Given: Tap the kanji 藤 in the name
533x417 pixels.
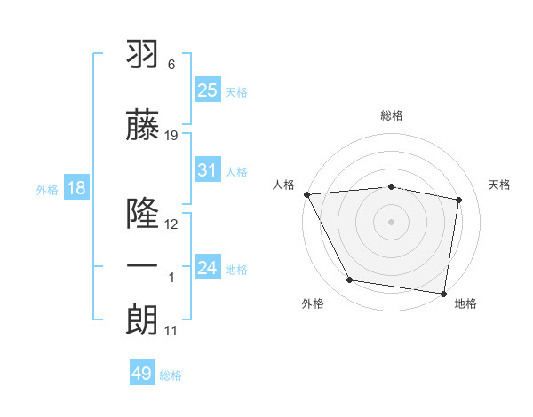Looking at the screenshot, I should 142,126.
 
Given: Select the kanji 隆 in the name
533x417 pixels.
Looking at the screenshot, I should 142,214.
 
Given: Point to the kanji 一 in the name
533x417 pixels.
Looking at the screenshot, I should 142,266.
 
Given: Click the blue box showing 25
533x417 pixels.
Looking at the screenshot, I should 207,90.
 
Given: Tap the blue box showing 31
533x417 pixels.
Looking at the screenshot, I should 207,170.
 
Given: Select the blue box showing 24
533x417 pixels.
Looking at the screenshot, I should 207,267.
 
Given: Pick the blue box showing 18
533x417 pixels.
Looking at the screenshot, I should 76,188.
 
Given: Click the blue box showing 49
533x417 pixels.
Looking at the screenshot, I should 142,374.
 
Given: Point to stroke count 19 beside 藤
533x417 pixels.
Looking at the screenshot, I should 171,136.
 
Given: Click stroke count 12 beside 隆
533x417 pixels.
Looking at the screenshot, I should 171,224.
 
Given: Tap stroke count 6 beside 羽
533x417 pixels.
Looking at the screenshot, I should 171,66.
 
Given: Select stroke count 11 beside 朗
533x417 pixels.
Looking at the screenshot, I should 171,331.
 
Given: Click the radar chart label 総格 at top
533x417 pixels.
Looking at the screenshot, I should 392,116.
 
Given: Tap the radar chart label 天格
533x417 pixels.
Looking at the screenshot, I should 500,185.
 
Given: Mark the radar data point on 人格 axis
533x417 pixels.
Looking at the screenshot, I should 306,194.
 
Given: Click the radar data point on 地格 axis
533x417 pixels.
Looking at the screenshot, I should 444,292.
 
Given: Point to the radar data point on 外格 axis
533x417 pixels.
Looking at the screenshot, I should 350,280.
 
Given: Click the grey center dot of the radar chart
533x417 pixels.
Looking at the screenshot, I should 392,221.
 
